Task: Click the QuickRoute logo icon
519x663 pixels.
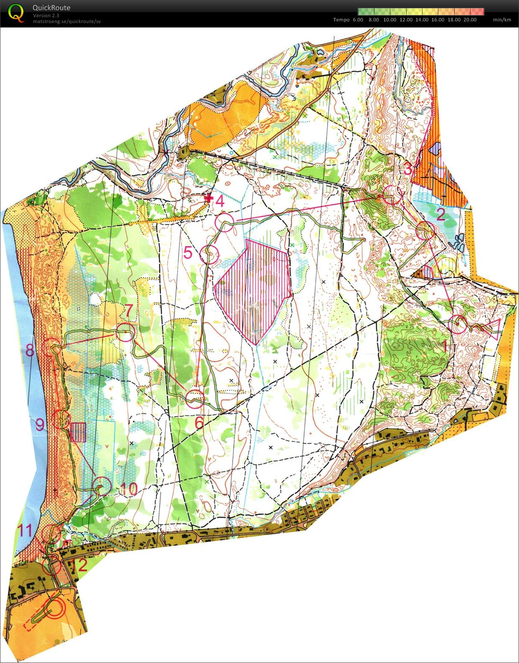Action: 16,13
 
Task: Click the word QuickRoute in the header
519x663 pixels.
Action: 51,8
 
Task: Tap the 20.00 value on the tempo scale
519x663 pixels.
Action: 470,20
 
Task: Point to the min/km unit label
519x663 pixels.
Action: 501,20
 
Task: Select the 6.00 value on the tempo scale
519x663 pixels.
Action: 358,20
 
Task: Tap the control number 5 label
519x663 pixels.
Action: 188,253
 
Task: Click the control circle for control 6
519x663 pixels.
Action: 195,399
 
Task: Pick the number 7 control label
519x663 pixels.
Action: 128,311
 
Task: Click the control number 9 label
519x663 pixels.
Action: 40,425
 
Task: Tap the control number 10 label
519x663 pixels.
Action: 130,488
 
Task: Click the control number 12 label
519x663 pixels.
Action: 79,565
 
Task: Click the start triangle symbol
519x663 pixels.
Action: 494,328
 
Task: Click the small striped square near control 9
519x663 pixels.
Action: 78,432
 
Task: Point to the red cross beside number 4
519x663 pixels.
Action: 209,198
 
